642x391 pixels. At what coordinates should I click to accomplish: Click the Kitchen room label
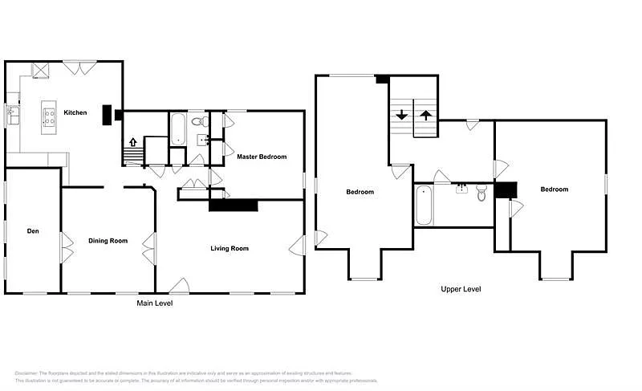[75, 112]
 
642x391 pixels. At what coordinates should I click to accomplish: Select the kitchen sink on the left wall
[12, 114]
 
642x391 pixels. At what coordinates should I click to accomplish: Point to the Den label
[33, 231]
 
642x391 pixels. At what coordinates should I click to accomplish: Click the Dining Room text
[108, 241]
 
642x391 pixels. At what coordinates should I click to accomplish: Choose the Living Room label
[230, 249]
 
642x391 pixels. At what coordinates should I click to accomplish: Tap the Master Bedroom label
[261, 157]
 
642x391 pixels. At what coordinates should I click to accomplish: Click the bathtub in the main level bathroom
[178, 128]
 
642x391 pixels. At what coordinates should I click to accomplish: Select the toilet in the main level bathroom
[203, 122]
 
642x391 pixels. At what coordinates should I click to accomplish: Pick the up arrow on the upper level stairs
[425, 115]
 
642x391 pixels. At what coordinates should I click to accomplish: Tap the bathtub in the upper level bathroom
[424, 206]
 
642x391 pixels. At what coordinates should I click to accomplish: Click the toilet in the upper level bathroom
[481, 193]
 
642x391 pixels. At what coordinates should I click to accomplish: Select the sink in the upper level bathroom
[461, 189]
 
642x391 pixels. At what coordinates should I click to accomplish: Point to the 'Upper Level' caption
[461, 289]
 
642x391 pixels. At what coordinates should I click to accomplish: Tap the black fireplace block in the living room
[233, 206]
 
